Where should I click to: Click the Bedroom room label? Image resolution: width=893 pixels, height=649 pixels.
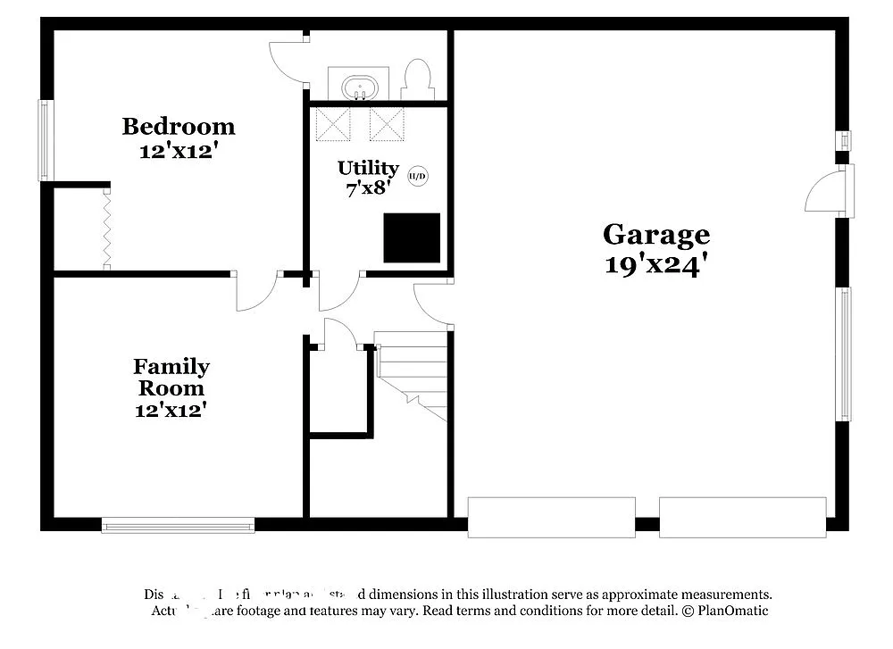(x=179, y=126)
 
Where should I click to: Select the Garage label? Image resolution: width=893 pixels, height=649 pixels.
(x=656, y=235)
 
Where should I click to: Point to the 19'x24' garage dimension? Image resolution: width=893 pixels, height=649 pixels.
(x=656, y=264)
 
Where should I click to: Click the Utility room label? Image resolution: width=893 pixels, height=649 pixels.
(x=368, y=168)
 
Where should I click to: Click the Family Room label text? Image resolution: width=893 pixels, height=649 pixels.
(x=171, y=378)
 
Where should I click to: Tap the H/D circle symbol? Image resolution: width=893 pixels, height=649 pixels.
(x=418, y=176)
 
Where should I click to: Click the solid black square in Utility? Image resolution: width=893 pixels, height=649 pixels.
(x=412, y=237)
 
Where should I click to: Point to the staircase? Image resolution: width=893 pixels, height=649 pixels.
(x=412, y=372)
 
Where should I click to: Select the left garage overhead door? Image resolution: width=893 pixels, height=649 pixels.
(x=551, y=518)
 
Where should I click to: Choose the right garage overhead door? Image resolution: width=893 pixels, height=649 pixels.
(x=742, y=518)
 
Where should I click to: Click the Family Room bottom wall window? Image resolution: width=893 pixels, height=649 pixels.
(x=179, y=525)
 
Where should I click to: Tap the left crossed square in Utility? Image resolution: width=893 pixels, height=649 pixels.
(x=332, y=124)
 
